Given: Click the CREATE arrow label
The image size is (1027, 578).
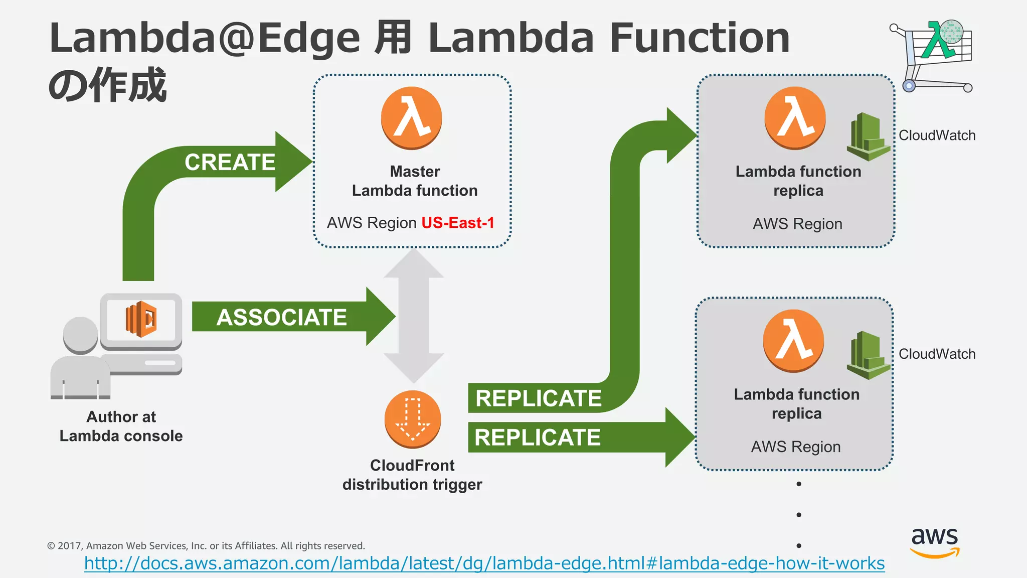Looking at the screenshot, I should tap(230, 162).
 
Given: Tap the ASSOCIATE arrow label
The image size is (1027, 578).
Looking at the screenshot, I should tap(281, 317).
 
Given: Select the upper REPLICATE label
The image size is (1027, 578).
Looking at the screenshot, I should tap(538, 398).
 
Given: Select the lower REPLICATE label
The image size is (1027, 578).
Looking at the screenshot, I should tap(537, 437).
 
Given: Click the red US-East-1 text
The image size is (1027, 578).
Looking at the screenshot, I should tap(458, 223).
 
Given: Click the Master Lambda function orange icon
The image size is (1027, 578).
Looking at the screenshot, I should tap(412, 118).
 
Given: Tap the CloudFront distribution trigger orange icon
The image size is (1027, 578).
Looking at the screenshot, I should tap(413, 419).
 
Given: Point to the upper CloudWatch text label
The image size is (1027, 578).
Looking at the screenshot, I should tap(937, 135).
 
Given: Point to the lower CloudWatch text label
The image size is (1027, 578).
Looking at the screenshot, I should tap(937, 354).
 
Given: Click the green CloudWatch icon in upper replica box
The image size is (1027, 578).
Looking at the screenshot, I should tap(868, 137).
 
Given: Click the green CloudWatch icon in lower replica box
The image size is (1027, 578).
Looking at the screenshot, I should tap(868, 355).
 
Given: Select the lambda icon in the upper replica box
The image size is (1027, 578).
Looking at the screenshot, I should tap(795, 118).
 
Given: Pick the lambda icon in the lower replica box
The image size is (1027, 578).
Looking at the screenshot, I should tap(793, 341).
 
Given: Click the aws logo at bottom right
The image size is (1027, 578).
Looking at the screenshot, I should tap(935, 542).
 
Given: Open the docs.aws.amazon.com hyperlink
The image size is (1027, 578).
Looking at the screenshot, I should tap(484, 563).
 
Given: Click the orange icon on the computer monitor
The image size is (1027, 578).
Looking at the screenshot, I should tap(141, 319).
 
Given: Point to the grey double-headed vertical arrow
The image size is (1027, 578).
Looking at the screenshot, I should tap(414, 316).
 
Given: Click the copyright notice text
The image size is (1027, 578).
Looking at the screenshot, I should tap(206, 546).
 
